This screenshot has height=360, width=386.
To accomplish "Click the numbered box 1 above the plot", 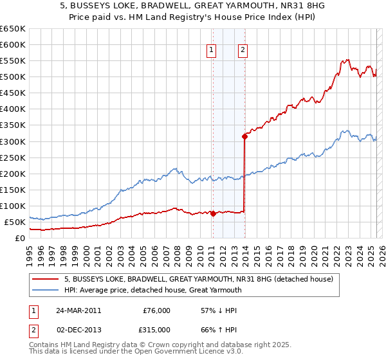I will coord(212,51).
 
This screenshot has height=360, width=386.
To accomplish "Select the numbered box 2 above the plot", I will coord(243,51).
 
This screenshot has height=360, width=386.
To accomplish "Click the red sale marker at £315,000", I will coord(244,136).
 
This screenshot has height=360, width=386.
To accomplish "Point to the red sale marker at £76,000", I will coord(213,214).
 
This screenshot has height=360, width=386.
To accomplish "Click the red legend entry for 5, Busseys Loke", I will coord(198,279).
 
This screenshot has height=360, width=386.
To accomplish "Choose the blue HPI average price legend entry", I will coord(152,290).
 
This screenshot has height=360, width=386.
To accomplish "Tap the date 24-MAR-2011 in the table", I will coord(78,310).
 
